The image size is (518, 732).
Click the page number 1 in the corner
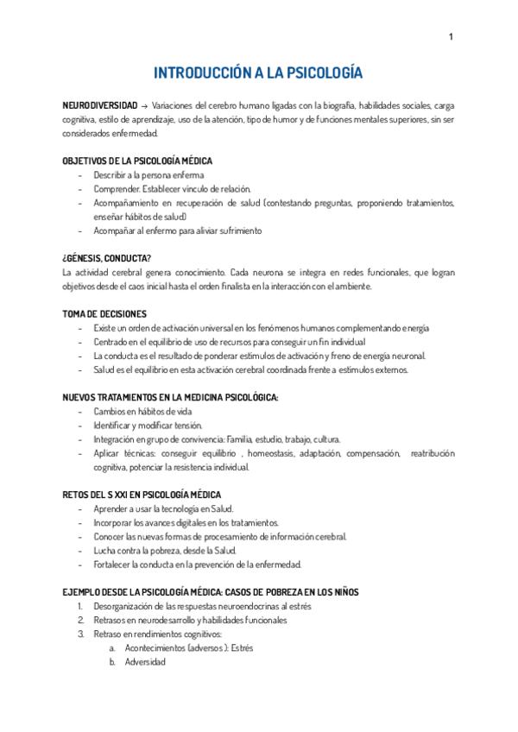[x=451, y=37]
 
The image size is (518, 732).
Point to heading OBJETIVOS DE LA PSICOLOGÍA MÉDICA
[x=137, y=161]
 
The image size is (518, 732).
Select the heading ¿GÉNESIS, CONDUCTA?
[x=107, y=258]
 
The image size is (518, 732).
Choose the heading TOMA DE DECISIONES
[x=104, y=314]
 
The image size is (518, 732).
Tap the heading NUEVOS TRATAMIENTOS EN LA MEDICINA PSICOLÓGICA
[x=170, y=397]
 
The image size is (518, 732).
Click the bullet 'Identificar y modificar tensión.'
[x=148, y=425]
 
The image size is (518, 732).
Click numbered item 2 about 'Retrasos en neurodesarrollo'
[x=192, y=620]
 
